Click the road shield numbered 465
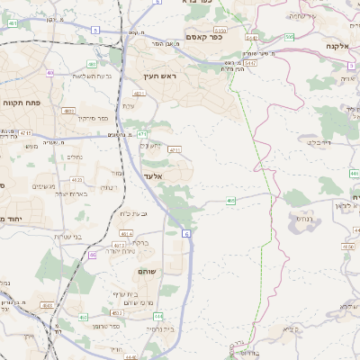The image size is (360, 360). pos(231,201)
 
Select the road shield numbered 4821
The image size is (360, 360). pos(139,94)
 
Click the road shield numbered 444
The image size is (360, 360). pos(157,317)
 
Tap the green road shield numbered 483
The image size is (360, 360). pos(91,64)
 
